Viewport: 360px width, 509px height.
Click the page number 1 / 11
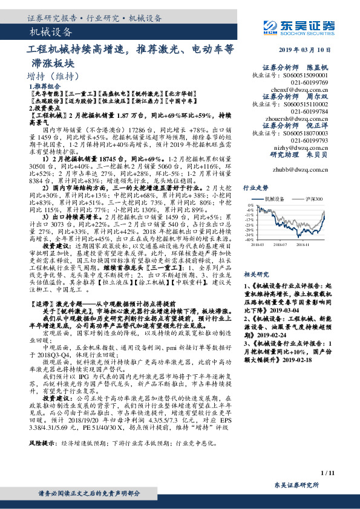point(327,472)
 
